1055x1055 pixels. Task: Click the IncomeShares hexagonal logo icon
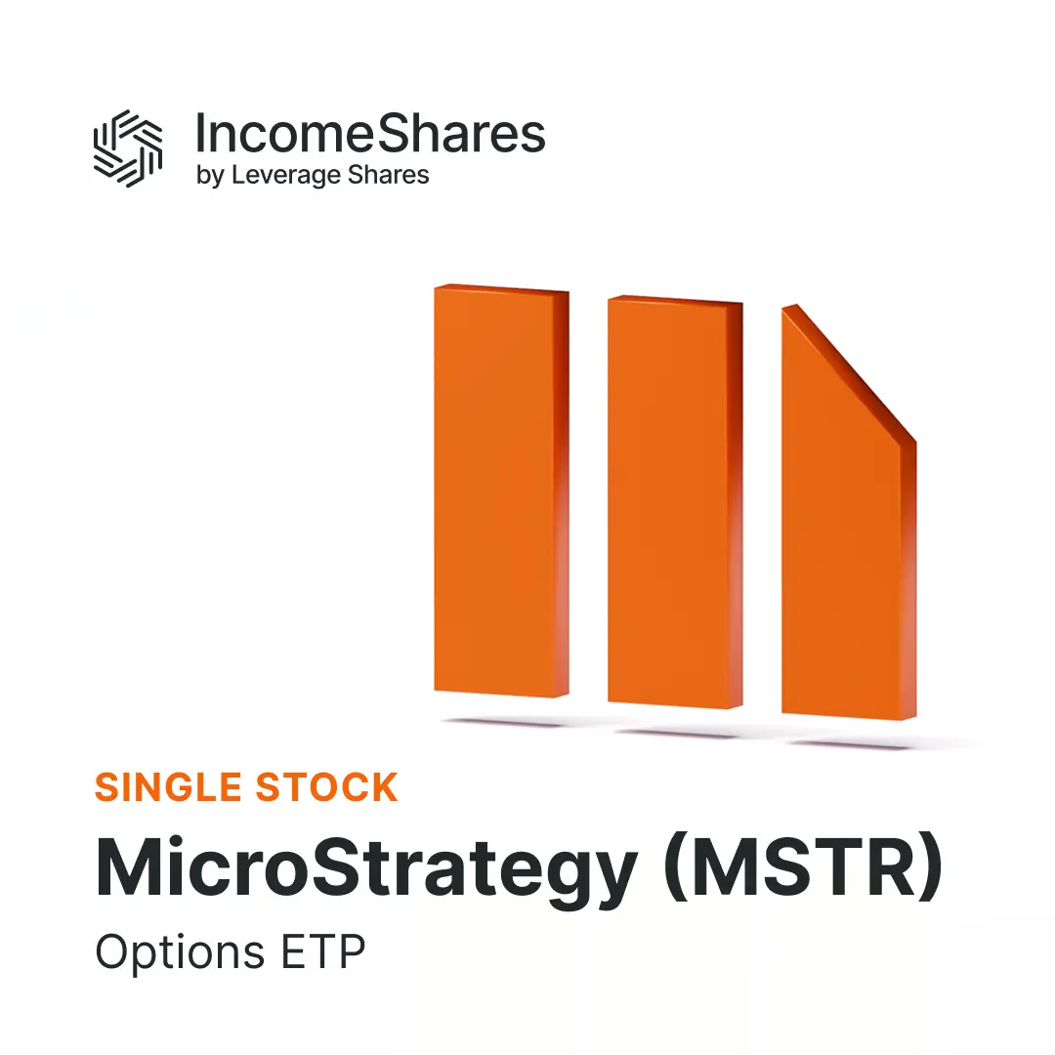pyautogui.click(x=127, y=148)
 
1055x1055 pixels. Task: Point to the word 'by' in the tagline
pyautogui.click(x=210, y=177)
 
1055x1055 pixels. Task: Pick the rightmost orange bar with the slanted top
pyautogui.click(x=840, y=547)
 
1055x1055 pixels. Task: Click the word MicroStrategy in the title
pyautogui.click(x=366, y=868)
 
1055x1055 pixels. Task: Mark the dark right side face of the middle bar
pyautogui.click(x=736, y=503)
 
